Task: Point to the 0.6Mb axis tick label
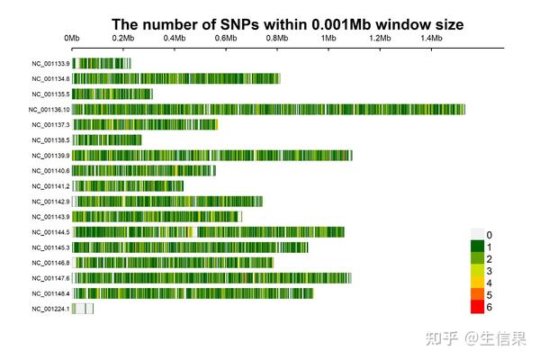pyautogui.click(x=226, y=39)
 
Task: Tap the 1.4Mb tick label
pyautogui.click(x=430, y=39)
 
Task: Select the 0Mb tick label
pyautogui.click(x=72, y=39)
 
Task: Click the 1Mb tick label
pyautogui.click(x=328, y=39)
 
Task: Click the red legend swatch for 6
pyautogui.click(x=477, y=307)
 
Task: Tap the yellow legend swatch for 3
pyautogui.click(x=477, y=271)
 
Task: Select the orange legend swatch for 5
pyautogui.click(x=477, y=295)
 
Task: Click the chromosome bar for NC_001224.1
pyautogui.click(x=83, y=309)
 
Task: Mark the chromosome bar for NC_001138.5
pyautogui.click(x=106, y=140)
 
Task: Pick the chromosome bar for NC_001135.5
pyautogui.click(x=112, y=94)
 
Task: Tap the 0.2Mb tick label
pyautogui.click(x=123, y=39)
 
